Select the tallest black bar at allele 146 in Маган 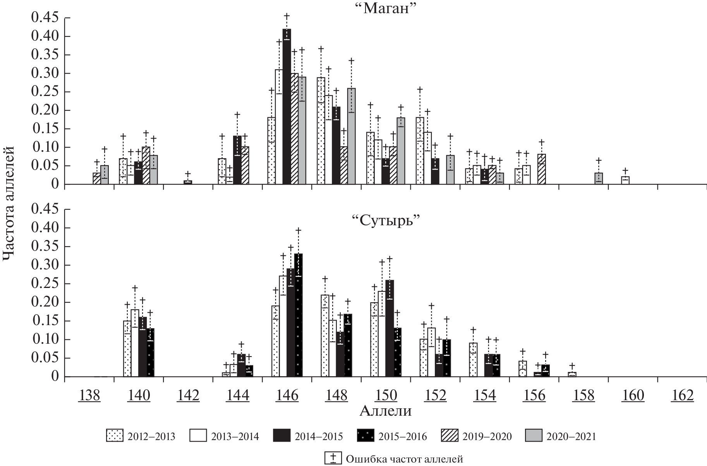click(287, 106)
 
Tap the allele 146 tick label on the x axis click(287, 396)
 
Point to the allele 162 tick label click(683, 396)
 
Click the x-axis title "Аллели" click(385, 411)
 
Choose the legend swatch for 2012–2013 click(115, 436)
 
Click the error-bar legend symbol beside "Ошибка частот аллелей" click(333, 458)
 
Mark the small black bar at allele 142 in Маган click(188, 182)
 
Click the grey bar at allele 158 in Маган click(599, 178)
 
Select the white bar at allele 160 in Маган click(625, 180)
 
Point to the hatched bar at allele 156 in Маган click(541, 169)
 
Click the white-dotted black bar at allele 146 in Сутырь click(298, 315)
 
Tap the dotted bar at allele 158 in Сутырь click(572, 374)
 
